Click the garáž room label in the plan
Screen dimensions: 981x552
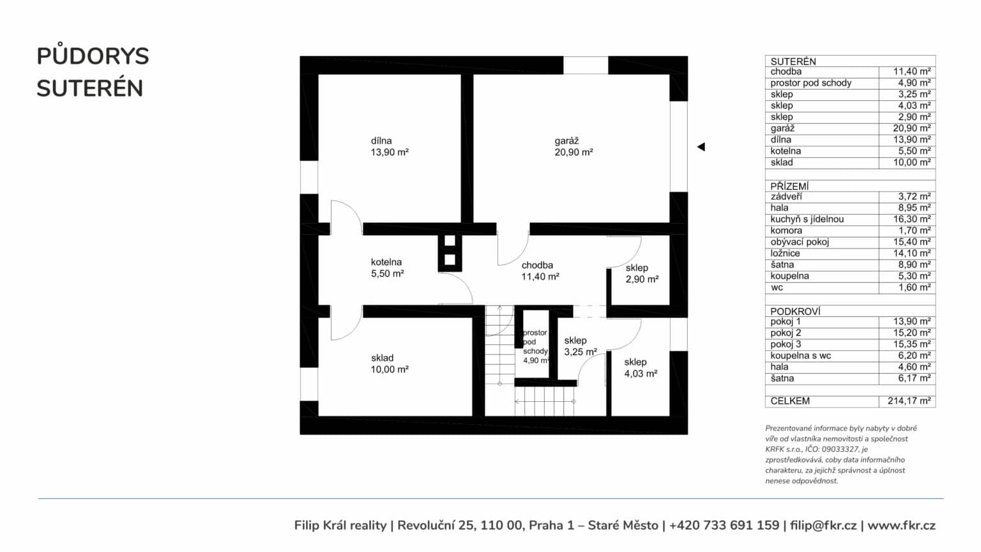(574, 147)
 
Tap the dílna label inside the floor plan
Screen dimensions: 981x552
(390, 147)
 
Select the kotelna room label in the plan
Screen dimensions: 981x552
(387, 268)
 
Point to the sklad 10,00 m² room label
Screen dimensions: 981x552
(390, 364)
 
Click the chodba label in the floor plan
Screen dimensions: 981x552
(540, 271)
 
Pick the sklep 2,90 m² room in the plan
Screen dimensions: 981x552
(642, 273)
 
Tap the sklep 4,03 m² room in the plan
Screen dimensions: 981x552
(641, 367)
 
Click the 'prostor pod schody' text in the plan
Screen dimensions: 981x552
(535, 342)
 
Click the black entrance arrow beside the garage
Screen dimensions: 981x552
(701, 147)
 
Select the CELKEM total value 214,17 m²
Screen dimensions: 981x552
(909, 401)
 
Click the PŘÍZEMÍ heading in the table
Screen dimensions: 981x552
(789, 186)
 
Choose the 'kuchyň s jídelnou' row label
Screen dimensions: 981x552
(807, 219)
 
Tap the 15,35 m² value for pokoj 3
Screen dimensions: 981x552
(912, 344)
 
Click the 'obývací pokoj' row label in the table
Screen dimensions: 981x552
(800, 242)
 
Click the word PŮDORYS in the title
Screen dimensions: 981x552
(93, 56)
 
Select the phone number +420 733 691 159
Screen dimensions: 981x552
(724, 525)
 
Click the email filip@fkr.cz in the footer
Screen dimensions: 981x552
(823, 525)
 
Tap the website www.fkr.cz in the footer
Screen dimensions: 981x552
(901, 525)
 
